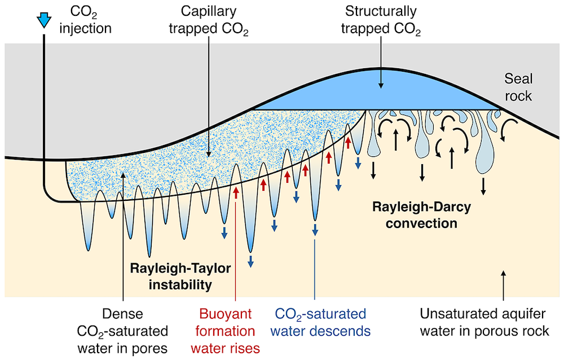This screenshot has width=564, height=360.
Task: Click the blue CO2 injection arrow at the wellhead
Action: tap(43, 21)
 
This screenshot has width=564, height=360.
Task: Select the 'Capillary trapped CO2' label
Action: tap(209, 19)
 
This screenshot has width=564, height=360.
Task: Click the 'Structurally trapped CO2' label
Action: tap(381, 19)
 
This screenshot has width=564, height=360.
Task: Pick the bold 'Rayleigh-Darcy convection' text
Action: tap(422, 215)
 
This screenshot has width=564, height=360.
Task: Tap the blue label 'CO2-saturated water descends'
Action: tap(323, 322)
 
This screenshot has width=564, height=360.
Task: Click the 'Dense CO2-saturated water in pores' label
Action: tap(124, 331)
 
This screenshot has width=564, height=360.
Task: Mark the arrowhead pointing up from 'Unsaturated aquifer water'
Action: tap(504, 274)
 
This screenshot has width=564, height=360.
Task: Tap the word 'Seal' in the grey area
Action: tap(518, 79)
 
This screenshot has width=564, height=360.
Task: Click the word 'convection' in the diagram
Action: tap(422, 223)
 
